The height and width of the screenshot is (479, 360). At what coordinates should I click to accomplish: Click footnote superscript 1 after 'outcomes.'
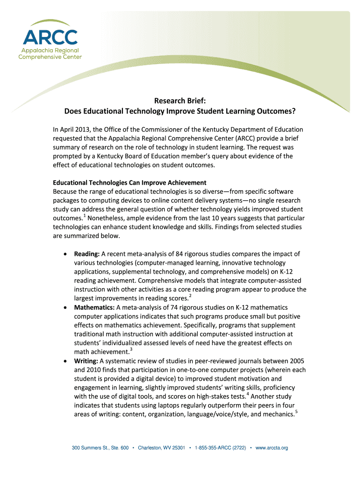click(84, 216)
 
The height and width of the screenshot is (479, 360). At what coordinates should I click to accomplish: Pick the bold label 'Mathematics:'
click(94, 307)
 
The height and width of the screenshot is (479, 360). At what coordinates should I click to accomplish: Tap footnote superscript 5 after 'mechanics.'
click(296, 412)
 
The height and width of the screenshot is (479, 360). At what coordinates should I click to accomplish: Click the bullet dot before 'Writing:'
click(65, 362)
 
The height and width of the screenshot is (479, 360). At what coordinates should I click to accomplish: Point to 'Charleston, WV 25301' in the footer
click(161, 448)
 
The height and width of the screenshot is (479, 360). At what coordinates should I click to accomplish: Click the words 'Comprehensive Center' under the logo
click(50, 57)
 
